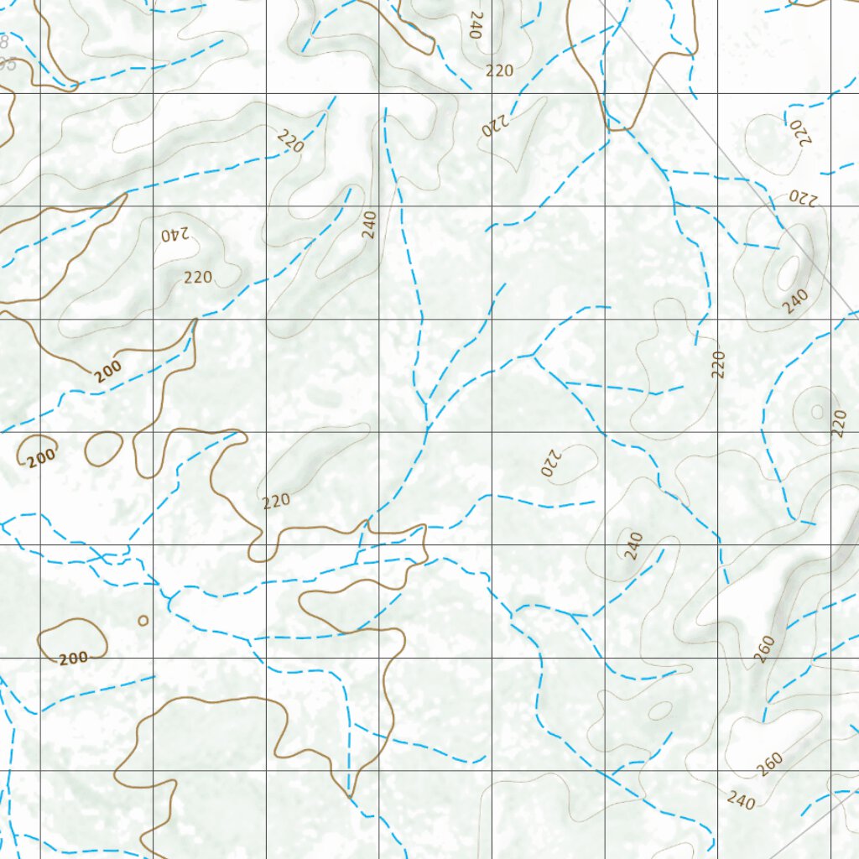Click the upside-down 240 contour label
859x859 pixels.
[178, 234]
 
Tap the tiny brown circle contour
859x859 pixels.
[143, 621]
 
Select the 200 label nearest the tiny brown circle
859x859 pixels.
[74, 659]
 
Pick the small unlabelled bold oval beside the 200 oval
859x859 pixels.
[104, 449]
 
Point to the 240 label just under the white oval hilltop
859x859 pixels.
[795, 300]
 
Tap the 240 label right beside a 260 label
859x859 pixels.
[742, 801]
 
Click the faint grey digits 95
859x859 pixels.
[8, 64]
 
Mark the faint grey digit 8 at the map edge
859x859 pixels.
[4, 40]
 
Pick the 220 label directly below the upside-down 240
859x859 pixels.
[198, 277]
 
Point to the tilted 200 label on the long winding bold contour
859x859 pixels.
[109, 370]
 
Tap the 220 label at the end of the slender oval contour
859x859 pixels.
[276, 501]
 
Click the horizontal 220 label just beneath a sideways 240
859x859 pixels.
[499, 71]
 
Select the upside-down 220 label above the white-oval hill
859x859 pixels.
[802, 198]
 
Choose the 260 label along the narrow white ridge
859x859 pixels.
[763, 648]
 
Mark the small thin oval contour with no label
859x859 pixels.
[660, 711]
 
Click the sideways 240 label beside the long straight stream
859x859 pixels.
[369, 225]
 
